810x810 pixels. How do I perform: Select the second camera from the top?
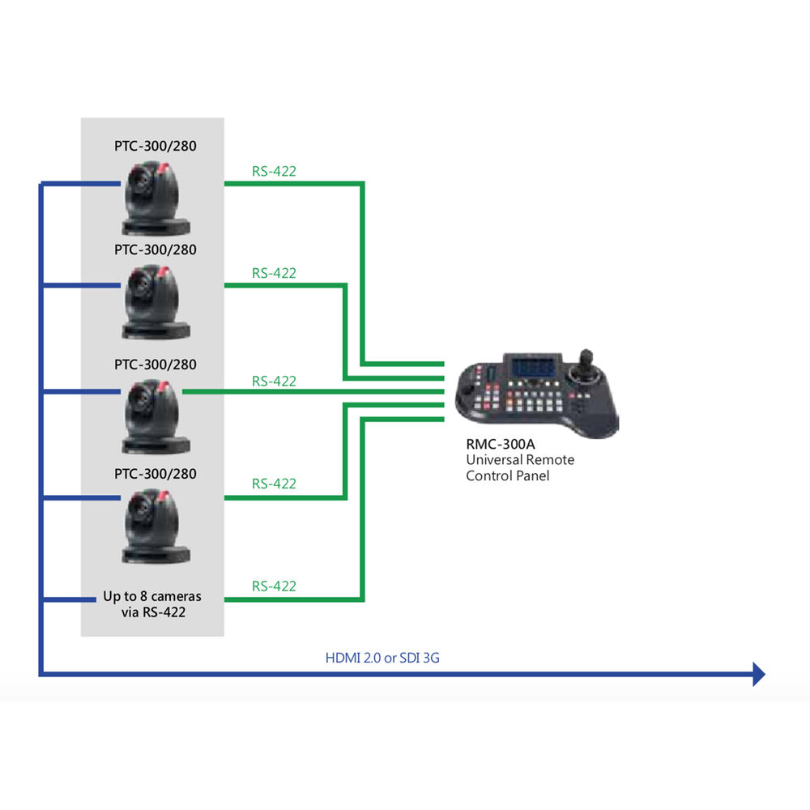(156, 301)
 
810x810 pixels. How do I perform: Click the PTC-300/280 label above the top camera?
(155, 147)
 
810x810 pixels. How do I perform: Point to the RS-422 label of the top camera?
(274, 171)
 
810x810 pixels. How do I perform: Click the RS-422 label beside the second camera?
(274, 273)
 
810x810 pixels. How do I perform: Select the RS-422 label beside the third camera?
(274, 381)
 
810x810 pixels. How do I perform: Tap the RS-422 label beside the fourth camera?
(274, 484)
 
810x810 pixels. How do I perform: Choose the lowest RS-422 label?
(274, 586)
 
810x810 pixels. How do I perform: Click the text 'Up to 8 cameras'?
(152, 597)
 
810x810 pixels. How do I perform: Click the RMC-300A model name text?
(495, 445)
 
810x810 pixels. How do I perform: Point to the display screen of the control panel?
(532, 366)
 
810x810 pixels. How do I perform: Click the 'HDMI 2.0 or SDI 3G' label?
(382, 658)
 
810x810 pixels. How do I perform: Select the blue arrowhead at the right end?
(758, 673)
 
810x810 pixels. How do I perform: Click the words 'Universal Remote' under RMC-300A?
(520, 460)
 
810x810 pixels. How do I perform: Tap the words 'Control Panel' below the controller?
(507, 475)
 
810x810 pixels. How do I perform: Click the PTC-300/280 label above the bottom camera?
(155, 473)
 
